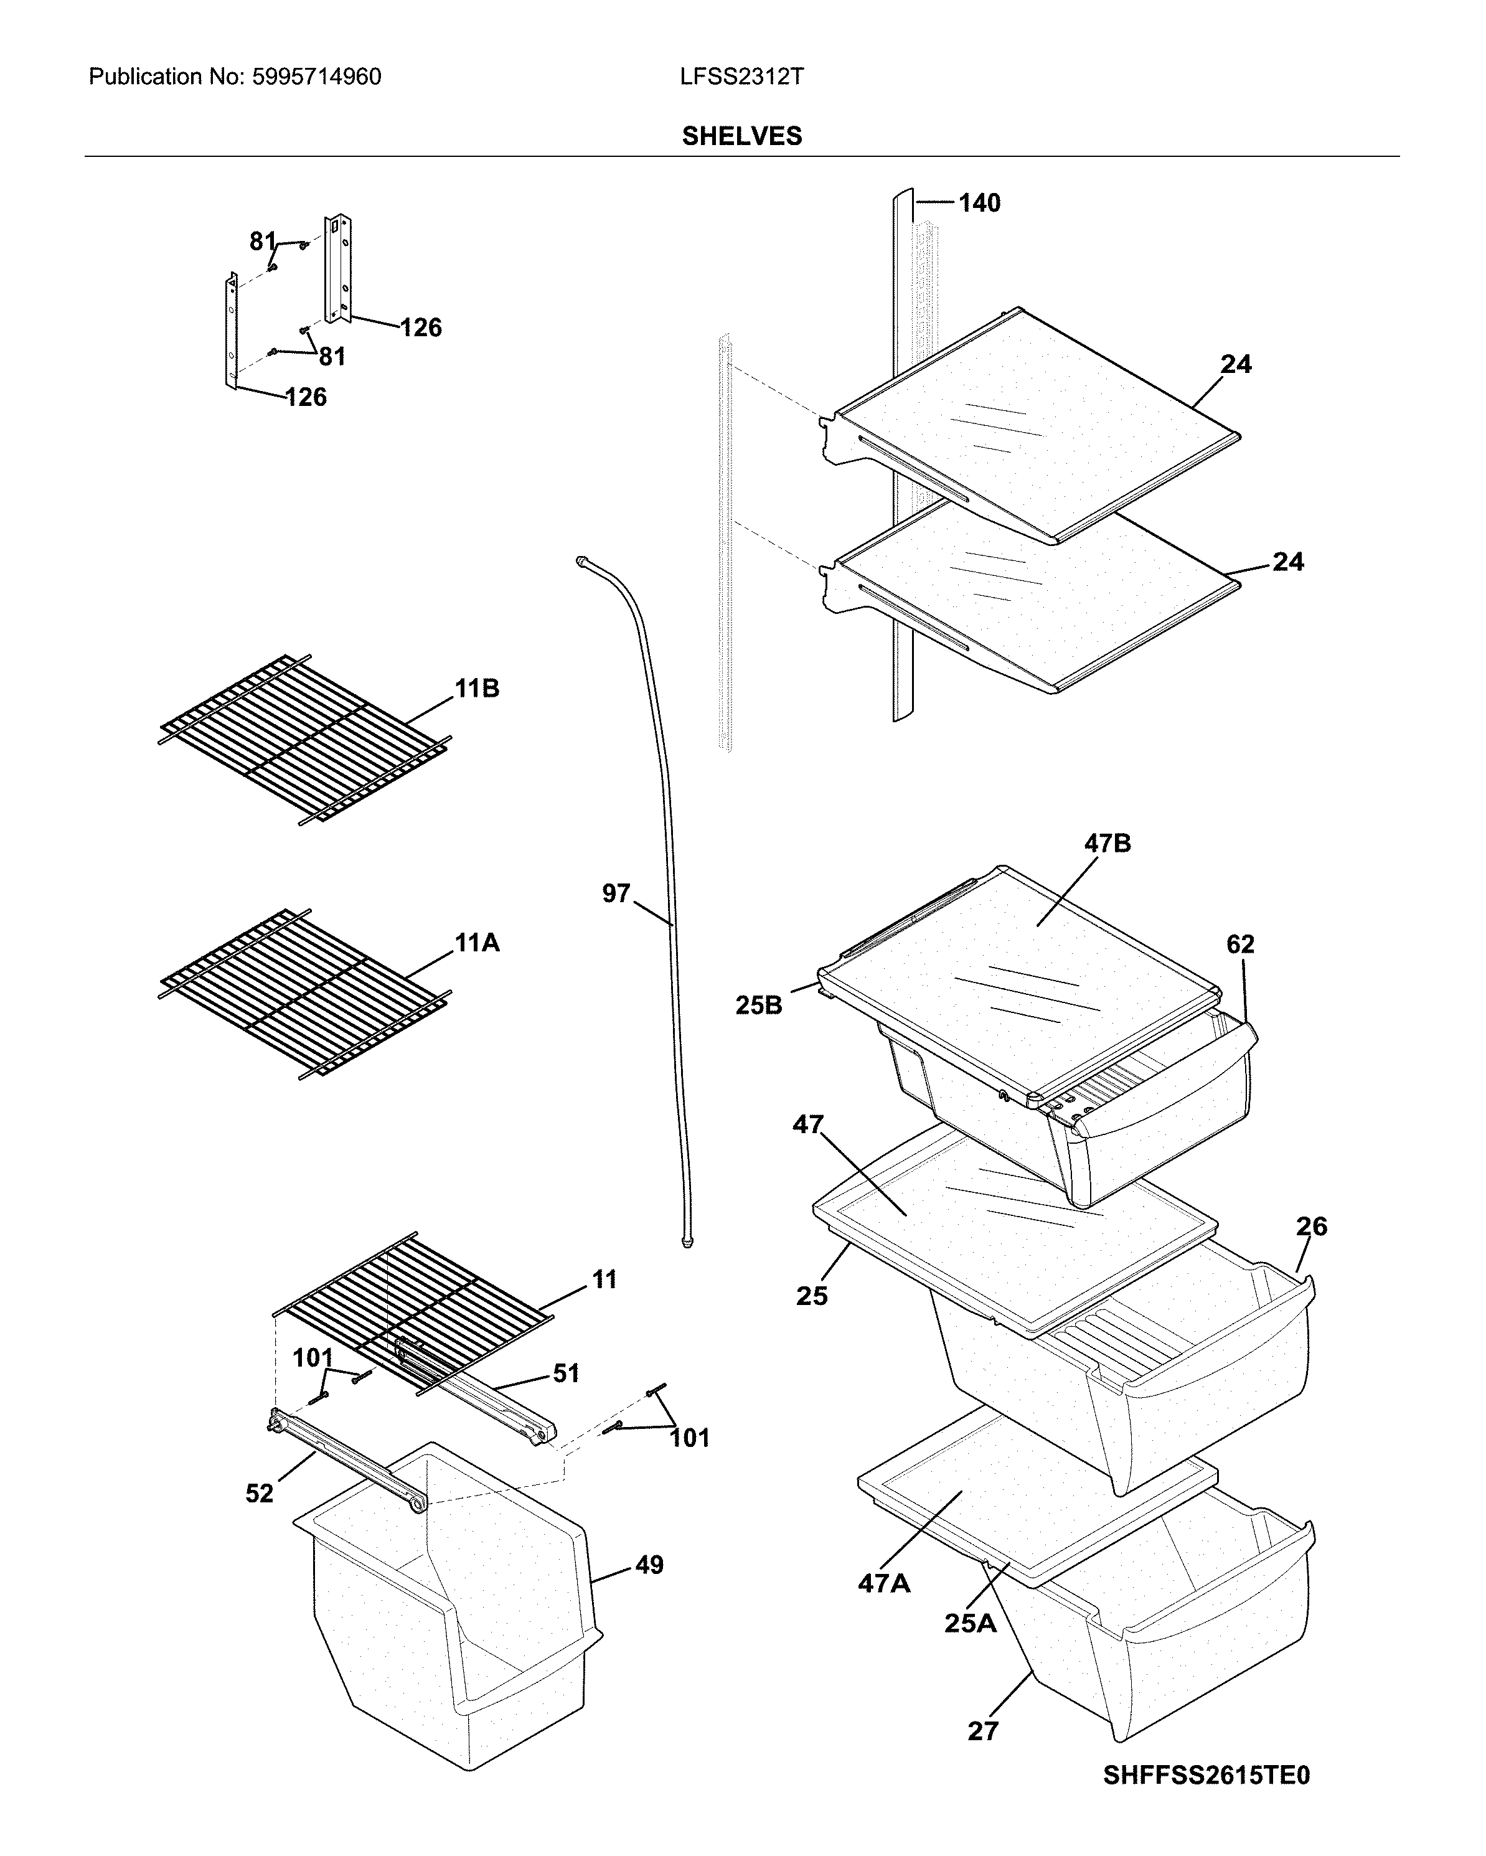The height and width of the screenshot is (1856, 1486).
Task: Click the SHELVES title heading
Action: pos(741,136)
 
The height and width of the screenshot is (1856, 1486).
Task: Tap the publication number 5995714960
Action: pos(316,77)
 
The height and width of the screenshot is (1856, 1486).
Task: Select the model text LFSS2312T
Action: pos(741,77)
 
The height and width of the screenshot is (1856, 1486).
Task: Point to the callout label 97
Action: pos(616,893)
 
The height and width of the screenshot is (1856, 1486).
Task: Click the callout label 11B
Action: pos(477,689)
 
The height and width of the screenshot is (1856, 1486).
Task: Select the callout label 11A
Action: pos(477,943)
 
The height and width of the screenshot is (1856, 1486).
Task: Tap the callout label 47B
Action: pos(1107,844)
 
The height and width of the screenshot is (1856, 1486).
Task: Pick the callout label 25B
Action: pos(758,1005)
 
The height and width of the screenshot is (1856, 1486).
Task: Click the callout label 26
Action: pos(1311,1226)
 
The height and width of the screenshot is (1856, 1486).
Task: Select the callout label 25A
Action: pos(971,1623)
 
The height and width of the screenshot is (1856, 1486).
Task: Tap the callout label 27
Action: pos(982,1731)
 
